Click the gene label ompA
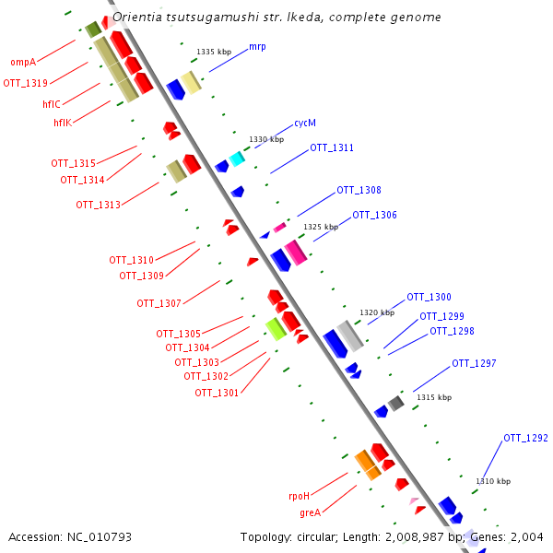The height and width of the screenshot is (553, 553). (23, 63)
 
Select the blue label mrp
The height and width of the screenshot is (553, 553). (257, 46)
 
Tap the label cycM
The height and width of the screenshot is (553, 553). (305, 123)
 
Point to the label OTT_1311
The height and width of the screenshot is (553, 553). (331, 147)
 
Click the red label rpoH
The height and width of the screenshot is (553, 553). (300, 496)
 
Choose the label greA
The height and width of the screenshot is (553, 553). (310, 512)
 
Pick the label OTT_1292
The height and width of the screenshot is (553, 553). (525, 438)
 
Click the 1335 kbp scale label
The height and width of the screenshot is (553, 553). (214, 53)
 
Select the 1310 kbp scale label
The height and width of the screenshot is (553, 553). (493, 481)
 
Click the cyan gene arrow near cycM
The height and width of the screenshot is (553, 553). (237, 159)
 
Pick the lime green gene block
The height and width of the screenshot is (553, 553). (275, 329)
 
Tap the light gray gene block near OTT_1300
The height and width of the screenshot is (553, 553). (350, 335)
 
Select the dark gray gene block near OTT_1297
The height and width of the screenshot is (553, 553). (396, 403)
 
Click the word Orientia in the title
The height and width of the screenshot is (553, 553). (136, 18)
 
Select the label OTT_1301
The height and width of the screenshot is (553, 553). (217, 393)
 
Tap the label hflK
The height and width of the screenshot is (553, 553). (62, 122)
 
